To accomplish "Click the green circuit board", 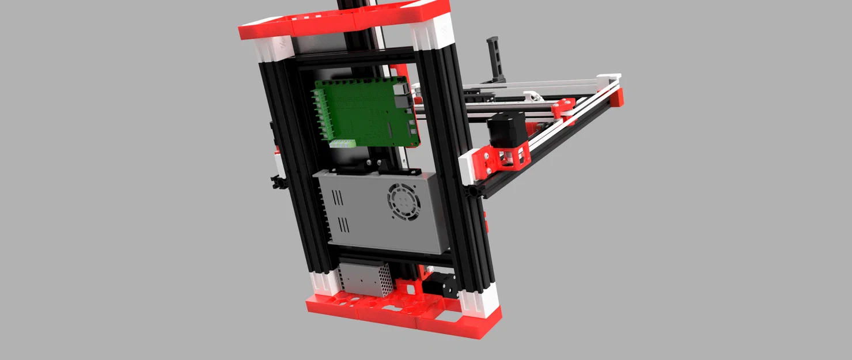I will pyautogui.click(x=366, y=112).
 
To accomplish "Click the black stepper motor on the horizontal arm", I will pyautogui.click(x=507, y=130).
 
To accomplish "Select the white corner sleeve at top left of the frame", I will pyautogui.click(x=275, y=49).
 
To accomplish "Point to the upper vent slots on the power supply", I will pyautogui.click(x=338, y=199).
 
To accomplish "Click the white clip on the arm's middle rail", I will pyautogui.click(x=532, y=96).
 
